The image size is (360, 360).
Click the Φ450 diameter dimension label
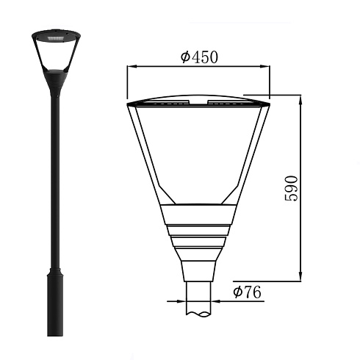click(x=199, y=57)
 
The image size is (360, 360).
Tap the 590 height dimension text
click(x=291, y=188)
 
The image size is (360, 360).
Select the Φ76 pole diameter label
click(x=247, y=292)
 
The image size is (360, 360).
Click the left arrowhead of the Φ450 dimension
click(x=132, y=66)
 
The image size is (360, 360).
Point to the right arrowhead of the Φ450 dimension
click(x=264, y=66)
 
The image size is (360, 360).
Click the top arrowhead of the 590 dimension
click(x=300, y=100)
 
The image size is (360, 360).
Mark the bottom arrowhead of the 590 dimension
click(x=300, y=276)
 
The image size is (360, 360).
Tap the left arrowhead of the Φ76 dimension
click(x=181, y=301)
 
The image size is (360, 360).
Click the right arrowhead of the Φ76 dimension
click(x=216, y=301)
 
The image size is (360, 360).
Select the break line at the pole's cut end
click(x=198, y=314)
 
